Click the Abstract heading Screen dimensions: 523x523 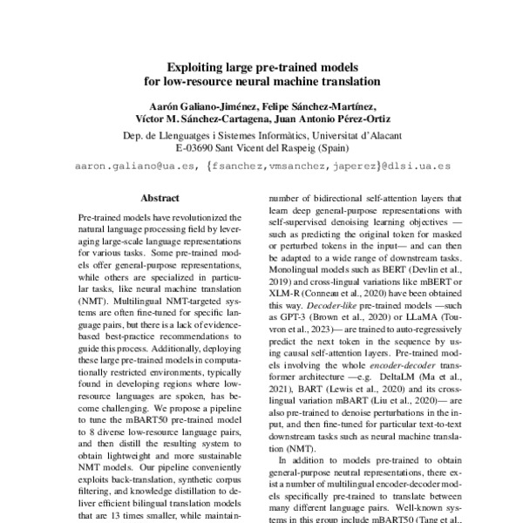(160, 198)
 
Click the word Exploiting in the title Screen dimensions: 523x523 (196, 65)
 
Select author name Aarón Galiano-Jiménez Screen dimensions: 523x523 (195, 106)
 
